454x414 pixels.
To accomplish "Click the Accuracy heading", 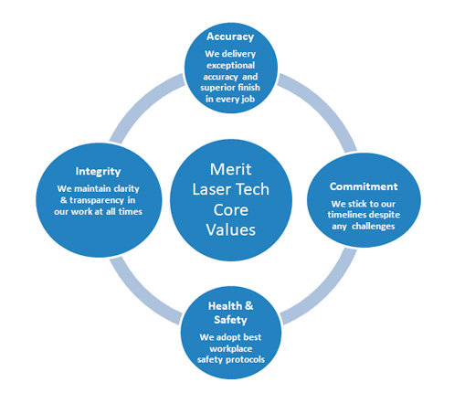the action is (230, 37).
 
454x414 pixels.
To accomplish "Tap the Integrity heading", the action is (98, 172).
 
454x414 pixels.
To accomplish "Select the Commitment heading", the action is (364, 186).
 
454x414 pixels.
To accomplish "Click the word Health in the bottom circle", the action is (225, 306).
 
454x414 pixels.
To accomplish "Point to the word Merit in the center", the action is (230, 169).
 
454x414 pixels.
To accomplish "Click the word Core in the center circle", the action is (231, 210).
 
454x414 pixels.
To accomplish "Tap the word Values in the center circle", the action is (230, 229).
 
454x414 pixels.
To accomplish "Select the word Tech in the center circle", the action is (248, 189).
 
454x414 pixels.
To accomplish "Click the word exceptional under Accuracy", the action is (230, 66).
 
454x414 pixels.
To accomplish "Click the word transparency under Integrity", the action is (97, 200).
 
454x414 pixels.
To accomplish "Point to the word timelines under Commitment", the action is (346, 215).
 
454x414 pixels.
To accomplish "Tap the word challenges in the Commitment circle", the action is (374, 227).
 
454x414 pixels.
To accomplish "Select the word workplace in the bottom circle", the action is (231, 349).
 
